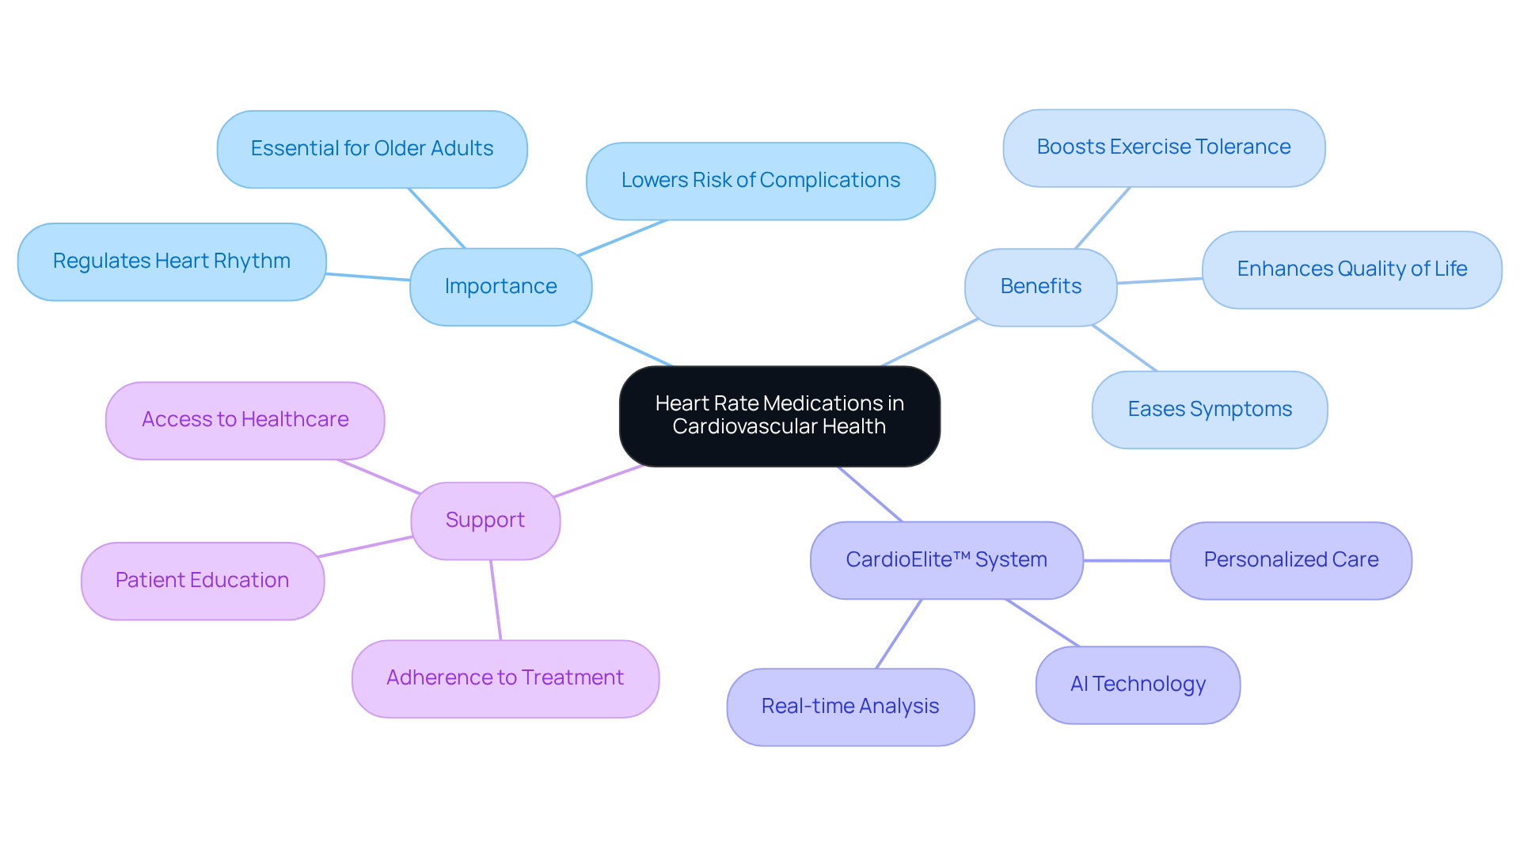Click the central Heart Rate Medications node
(779, 415)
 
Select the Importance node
(500, 286)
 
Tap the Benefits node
(1040, 286)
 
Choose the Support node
(484, 520)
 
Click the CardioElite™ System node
(946, 559)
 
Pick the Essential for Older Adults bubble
(371, 148)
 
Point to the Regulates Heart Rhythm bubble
(171, 261)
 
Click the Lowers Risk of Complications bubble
(760, 180)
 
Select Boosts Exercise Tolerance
(1163, 147)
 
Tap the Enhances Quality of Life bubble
(1351, 269)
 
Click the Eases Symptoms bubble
(1209, 409)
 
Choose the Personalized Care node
(1290, 559)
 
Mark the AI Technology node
(1138, 684)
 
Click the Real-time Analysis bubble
(849, 706)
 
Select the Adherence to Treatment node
(504, 677)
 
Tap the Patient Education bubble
(202, 580)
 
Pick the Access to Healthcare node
(245, 419)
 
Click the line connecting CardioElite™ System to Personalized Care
(1127, 560)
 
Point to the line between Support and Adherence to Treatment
(496, 600)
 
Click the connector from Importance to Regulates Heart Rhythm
(368, 276)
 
